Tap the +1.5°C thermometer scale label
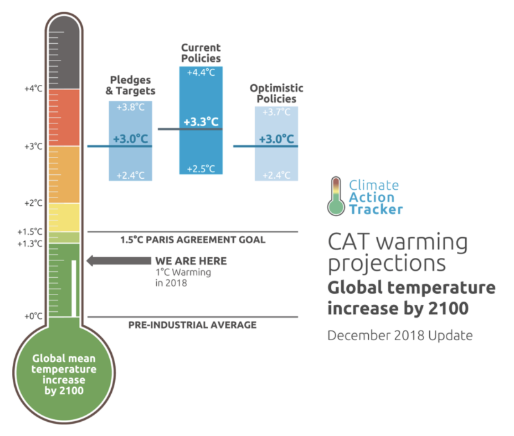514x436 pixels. (x=31, y=232)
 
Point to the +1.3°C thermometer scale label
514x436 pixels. (x=31, y=243)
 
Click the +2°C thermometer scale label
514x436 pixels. (x=33, y=203)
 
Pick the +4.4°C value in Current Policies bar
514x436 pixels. (x=200, y=73)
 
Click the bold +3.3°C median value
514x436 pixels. (x=200, y=122)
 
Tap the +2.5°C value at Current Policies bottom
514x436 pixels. (x=200, y=169)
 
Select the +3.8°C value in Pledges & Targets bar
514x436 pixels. (x=130, y=107)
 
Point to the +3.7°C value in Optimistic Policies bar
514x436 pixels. (x=276, y=113)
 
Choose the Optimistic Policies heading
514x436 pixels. (x=276, y=93)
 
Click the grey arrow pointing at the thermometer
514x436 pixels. (x=116, y=261)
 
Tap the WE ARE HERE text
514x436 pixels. (x=190, y=261)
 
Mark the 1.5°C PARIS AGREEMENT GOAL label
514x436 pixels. (x=193, y=240)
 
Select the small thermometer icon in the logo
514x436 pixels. (x=335, y=195)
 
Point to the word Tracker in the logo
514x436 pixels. (x=376, y=209)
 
